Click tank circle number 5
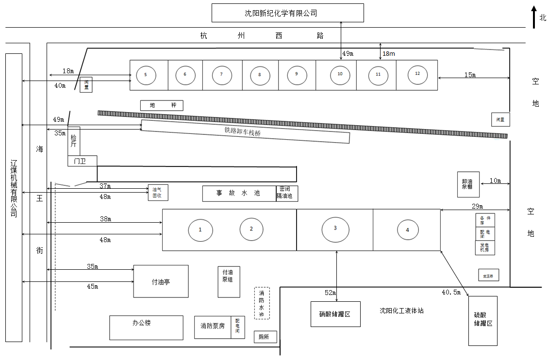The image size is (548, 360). tap(146, 75)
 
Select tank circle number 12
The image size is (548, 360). tap(417, 74)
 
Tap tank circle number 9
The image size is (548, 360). tap(296, 74)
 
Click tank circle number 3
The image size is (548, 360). tap(335, 228)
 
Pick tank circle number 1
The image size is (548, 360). tap(200, 229)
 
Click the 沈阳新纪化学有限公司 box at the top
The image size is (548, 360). tap(287, 13)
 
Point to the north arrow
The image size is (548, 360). tap(533, 17)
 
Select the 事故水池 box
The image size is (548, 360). tap(239, 193)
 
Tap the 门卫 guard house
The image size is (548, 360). tap(83, 161)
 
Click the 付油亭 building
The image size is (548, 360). tap(161, 281)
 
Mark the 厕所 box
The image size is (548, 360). tap(265, 337)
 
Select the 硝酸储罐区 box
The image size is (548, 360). tap(335, 314)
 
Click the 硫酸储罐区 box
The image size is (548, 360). tap(482, 321)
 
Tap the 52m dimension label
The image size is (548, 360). tap(330, 293)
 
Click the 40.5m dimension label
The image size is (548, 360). tap(450, 292)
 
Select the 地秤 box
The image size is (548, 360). tap(162, 105)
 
